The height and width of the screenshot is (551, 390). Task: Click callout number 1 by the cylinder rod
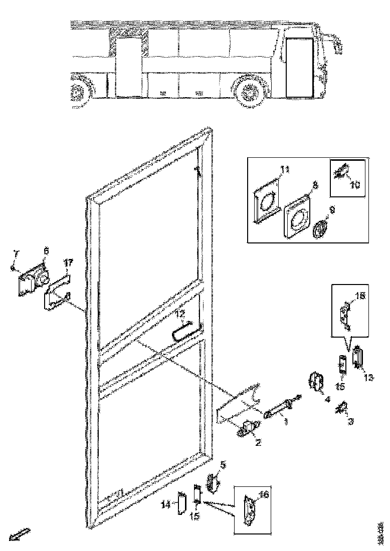pyautogui.click(x=286, y=422)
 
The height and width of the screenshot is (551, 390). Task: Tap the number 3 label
pyautogui.click(x=351, y=422)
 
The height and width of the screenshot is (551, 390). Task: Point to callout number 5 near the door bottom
pyautogui.click(x=223, y=465)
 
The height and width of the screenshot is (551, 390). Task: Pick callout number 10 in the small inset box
pyautogui.click(x=355, y=185)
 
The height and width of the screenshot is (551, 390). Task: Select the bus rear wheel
pyautogui.click(x=79, y=92)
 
